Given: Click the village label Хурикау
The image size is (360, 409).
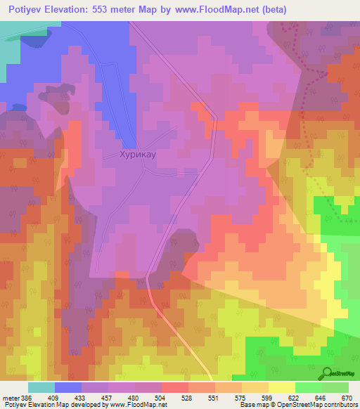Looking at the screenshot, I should [x=127, y=159].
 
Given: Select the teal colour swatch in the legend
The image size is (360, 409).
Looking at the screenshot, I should [x=41, y=387].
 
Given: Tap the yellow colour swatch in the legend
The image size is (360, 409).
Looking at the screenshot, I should [x=281, y=387].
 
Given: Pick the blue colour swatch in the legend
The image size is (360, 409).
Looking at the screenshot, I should [x=67, y=387].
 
